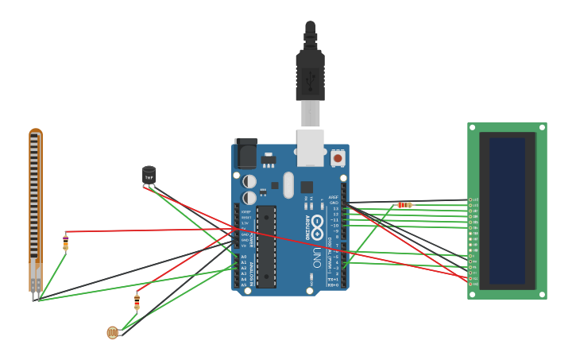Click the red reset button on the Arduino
pyautogui.click(x=338, y=158)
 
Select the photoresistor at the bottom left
pyautogui.click(x=113, y=332)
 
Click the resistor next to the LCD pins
pyautogui.click(x=404, y=205)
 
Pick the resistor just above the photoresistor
pyautogui.click(x=137, y=301)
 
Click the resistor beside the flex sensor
pyautogui.click(x=66, y=242)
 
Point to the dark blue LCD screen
pyautogui.click(x=507, y=211)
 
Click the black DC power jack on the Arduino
pyautogui.click(x=246, y=153)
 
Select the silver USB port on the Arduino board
pyautogui.click(x=310, y=148)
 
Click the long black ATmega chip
pyautogui.click(x=266, y=246)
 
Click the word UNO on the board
pyautogui.click(x=316, y=257)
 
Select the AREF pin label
pyautogui.click(x=334, y=197)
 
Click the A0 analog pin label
pyautogui.click(x=244, y=257)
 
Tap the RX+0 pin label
pyautogui.click(x=333, y=285)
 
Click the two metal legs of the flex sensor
pyautogui.click(x=35, y=296)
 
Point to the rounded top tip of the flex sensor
pyautogui.click(x=35, y=131)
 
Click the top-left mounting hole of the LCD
pyautogui.click(x=472, y=127)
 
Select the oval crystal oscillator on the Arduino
pyautogui.click(x=288, y=185)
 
